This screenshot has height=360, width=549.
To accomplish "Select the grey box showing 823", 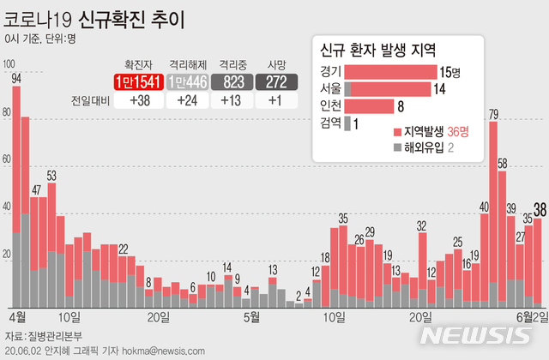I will (234, 81).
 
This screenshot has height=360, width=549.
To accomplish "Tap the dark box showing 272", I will (276, 81).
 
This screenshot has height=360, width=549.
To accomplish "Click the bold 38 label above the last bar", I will (540, 208).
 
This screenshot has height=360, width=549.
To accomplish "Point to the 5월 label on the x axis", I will (251, 316).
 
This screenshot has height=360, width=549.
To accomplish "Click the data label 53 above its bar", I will (52, 177).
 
